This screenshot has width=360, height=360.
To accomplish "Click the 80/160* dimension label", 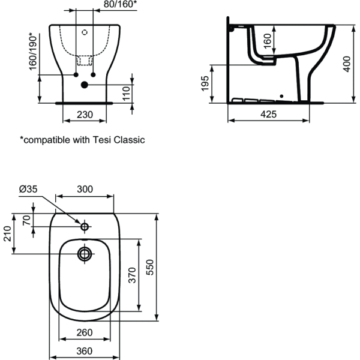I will tap(121, 5).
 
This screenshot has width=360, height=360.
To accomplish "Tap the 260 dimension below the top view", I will tap(85, 332).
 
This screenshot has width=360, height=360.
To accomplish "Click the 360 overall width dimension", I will tap(85, 351).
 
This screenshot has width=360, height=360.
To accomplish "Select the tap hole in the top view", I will tap(85, 226).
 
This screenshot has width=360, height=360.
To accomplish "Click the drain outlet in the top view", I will tap(85, 254).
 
